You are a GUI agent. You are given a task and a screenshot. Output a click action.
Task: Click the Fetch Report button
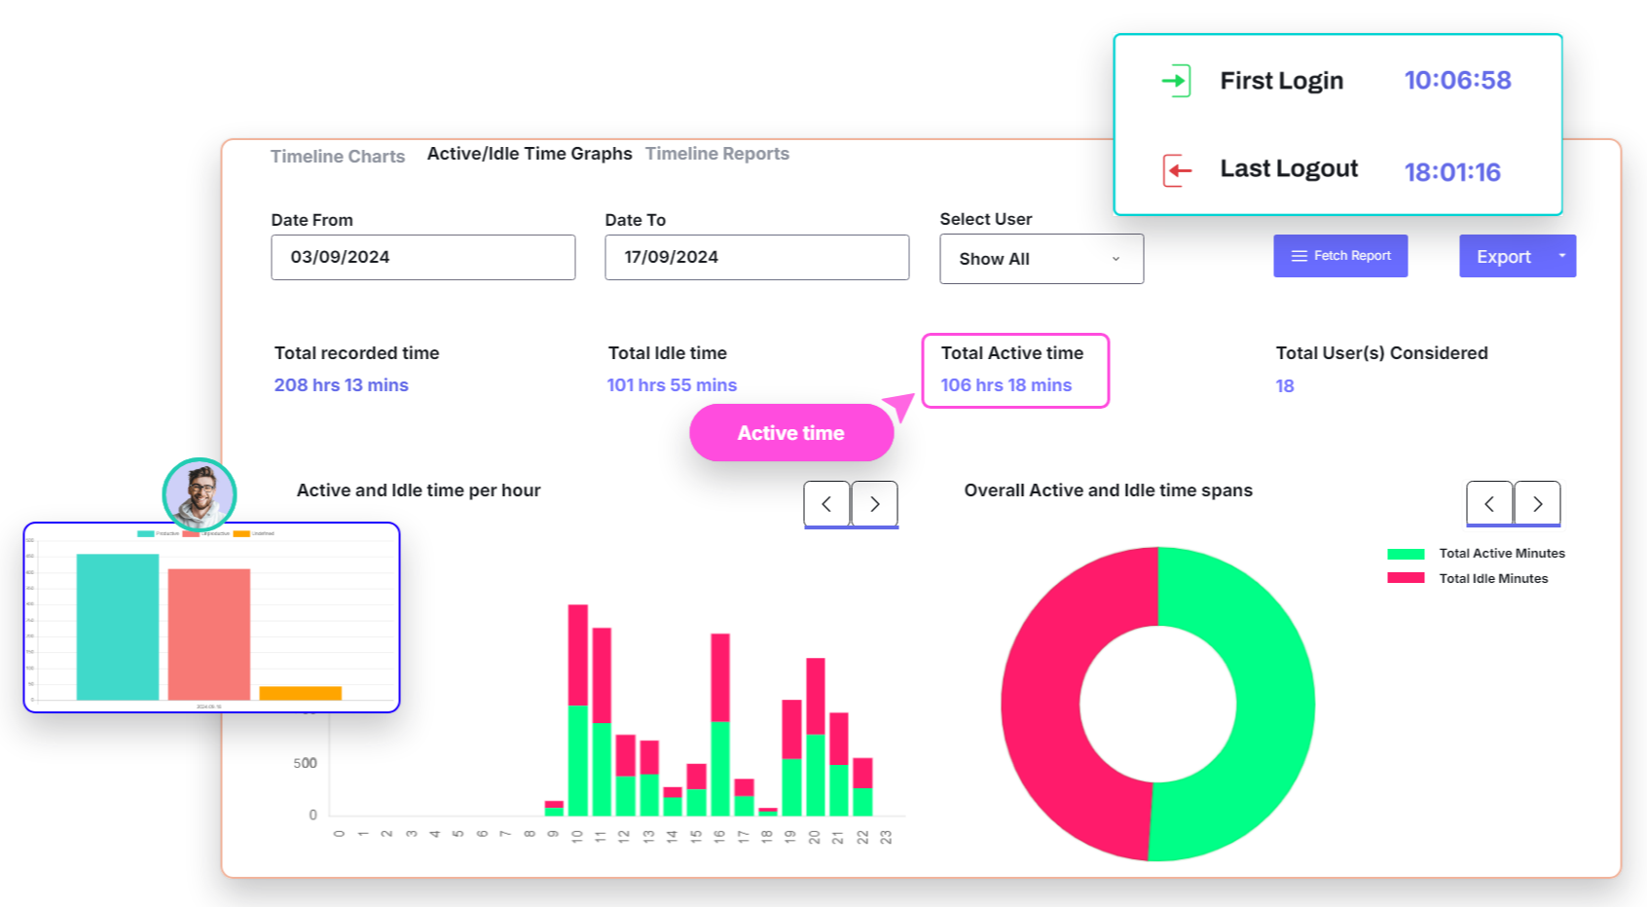point(1339,256)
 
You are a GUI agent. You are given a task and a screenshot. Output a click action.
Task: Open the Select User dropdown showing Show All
point(1041,259)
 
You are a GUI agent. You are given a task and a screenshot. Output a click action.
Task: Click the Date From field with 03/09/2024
point(422,257)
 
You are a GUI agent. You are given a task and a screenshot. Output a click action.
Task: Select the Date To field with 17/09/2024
point(756,257)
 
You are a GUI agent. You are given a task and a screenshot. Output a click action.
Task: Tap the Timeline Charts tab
point(337,156)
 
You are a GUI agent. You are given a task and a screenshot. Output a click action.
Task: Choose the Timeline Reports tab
point(716,154)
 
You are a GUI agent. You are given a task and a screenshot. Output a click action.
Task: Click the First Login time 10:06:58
point(1456,80)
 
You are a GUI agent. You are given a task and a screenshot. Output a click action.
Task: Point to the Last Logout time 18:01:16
point(1451,172)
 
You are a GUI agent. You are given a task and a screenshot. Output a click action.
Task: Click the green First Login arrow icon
point(1176,80)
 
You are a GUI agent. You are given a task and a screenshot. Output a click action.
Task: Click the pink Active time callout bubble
point(790,433)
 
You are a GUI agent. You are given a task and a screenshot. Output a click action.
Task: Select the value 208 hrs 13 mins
point(341,385)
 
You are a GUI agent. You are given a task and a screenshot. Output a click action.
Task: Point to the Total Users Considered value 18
point(1284,386)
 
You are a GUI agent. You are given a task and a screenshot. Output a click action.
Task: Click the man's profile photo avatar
point(200,493)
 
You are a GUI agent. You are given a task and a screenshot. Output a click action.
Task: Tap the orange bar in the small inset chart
point(300,693)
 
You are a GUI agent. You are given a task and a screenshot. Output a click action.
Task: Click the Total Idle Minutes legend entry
point(1492,578)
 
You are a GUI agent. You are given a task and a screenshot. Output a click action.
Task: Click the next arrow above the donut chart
point(1537,503)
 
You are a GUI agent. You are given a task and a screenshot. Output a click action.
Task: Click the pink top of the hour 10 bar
point(577,654)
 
